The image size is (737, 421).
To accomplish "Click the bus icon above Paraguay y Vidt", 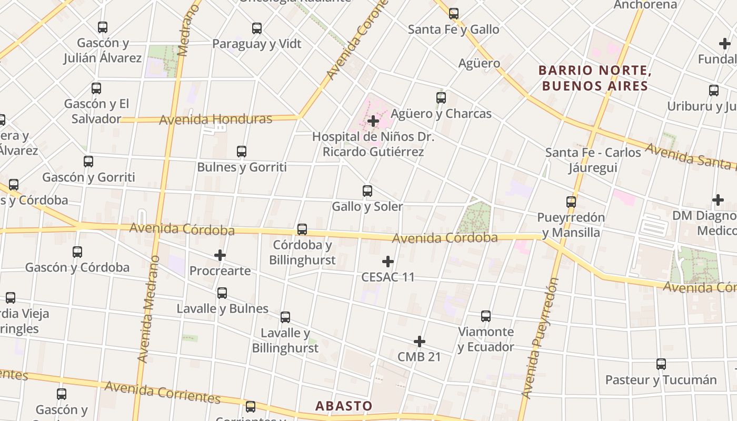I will coord(257,28).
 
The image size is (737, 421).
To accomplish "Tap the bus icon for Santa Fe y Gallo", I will coord(454,14).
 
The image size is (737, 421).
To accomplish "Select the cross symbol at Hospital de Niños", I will coord(373,121).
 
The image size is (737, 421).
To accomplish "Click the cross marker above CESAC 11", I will coord(388,262).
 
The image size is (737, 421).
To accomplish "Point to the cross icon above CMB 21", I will coord(420,342).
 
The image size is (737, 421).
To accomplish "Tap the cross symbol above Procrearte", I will coord(220,256).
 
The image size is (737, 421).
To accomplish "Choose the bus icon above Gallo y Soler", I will coord(367,191).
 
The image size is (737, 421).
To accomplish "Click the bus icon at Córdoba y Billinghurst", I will coord(302,229).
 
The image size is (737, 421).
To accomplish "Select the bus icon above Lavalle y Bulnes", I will coord(222,293).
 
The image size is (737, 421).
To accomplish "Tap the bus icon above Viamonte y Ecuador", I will coord(486,316).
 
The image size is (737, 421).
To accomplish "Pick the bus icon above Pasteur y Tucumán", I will coord(661,364).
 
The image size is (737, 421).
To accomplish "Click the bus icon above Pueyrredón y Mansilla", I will coord(571,202).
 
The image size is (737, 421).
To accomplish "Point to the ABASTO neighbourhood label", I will coord(344,406).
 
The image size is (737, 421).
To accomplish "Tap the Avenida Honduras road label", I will coord(215,119).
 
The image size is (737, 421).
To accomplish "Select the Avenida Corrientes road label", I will coord(162,393).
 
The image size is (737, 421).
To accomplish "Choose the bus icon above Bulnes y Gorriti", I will coord(242,152).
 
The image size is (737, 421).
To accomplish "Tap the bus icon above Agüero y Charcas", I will coord(441,98).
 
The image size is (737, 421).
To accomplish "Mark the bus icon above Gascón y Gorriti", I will coord(88,162).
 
